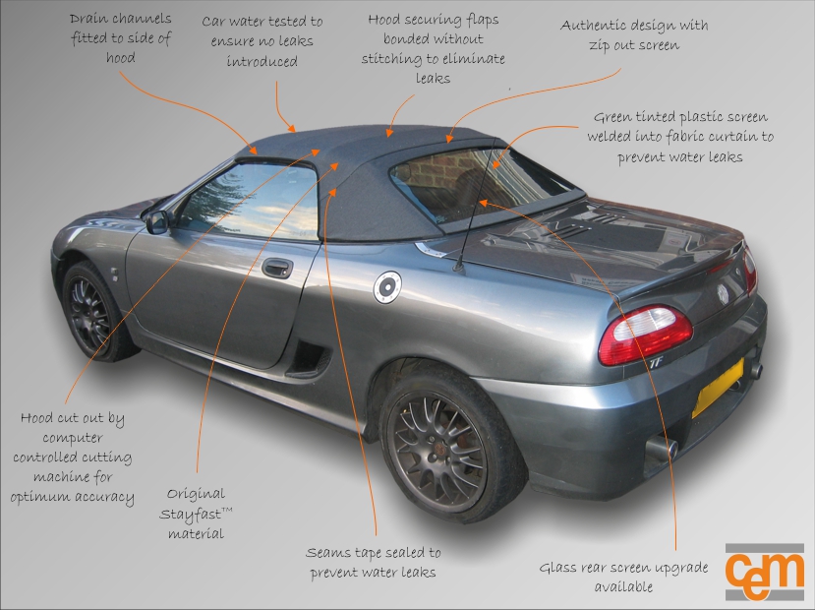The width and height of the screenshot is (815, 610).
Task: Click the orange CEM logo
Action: [764, 571]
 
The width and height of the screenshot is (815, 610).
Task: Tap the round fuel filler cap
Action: [388, 286]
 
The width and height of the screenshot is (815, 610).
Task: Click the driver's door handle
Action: [277, 268]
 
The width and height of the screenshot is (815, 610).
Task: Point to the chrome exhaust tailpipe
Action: [663, 452]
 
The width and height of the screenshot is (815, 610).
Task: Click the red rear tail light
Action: [645, 334]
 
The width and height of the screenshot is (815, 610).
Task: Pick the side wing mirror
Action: [157, 221]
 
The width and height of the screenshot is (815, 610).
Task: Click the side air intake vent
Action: [310, 356]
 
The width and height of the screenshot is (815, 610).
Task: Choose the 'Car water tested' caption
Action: [262, 41]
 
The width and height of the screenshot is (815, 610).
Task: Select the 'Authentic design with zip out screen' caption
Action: [633, 34]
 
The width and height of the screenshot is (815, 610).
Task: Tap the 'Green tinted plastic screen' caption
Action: [679, 136]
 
